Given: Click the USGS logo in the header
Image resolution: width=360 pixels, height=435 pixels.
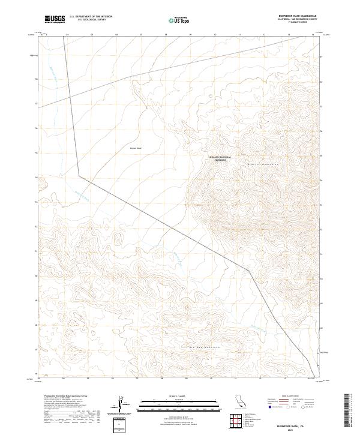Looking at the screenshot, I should [x=55, y=20].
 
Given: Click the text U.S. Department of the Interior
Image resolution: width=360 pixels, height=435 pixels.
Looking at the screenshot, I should [x=91, y=17].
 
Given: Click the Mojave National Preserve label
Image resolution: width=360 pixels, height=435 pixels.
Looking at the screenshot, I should [x=220, y=159].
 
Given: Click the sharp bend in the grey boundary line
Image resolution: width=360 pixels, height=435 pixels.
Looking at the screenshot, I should [x=79, y=176].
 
